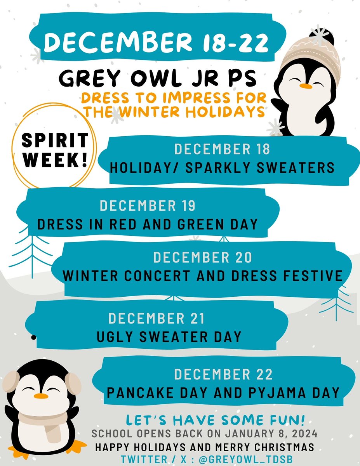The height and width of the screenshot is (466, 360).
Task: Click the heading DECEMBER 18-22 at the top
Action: (x=156, y=42)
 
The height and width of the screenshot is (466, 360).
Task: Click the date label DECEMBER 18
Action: (x=222, y=149)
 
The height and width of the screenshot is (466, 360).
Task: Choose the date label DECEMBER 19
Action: (x=148, y=206)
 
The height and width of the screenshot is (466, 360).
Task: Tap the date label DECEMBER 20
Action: (x=202, y=257)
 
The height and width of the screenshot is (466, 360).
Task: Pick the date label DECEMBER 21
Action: (x=156, y=318)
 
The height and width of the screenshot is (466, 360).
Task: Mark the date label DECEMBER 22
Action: (x=223, y=375)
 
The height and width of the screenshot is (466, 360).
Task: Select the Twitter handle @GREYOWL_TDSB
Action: (x=245, y=459)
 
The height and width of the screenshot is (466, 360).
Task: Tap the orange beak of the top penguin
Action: (x=307, y=86)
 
